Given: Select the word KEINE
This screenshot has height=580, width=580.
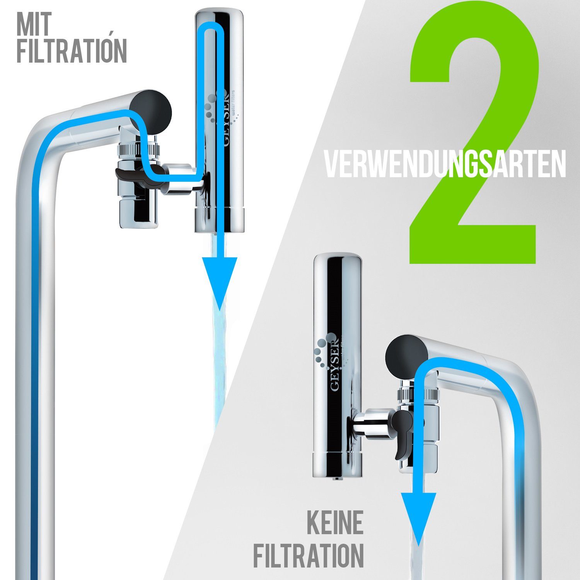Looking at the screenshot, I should click(x=335, y=522).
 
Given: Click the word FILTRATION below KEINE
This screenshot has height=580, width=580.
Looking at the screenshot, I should click(x=309, y=556).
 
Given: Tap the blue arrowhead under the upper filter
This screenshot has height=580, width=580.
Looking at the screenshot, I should click(x=219, y=280).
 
